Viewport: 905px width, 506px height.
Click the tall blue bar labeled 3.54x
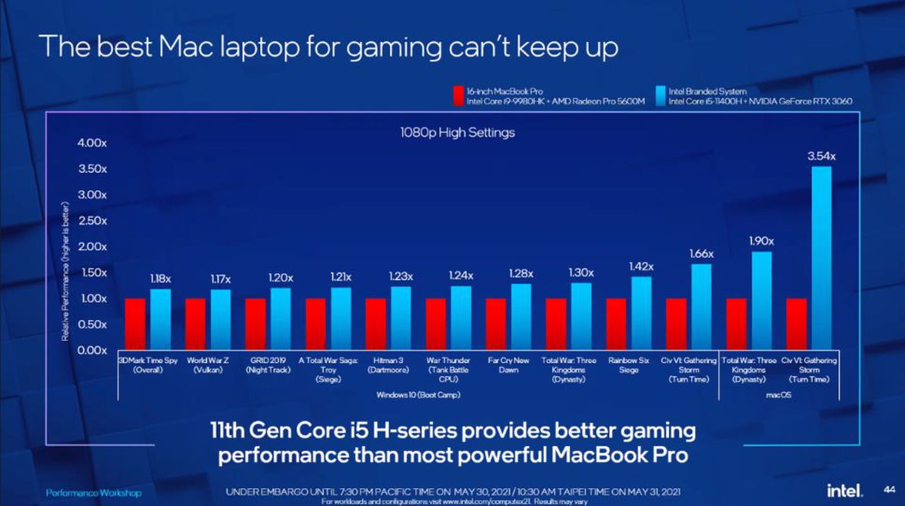pyautogui.click(x=821, y=258)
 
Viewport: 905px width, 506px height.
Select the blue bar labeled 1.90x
pyautogui.click(x=761, y=300)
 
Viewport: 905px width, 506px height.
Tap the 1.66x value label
pyautogui.click(x=701, y=254)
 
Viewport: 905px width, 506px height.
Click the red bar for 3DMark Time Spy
pyautogui.click(x=135, y=324)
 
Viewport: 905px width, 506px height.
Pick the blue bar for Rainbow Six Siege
pyautogui.click(x=641, y=312)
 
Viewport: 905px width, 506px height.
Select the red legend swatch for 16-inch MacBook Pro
pyautogui.click(x=458, y=96)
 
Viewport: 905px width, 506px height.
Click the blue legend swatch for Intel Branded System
pyautogui.click(x=660, y=96)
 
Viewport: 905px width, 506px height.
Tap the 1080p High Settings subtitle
pyautogui.click(x=457, y=132)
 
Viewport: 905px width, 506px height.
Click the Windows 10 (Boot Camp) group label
pyautogui.click(x=418, y=394)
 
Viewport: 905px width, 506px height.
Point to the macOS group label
pyautogui.click(x=778, y=394)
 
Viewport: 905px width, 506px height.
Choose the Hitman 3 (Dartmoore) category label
pyautogui.click(x=388, y=365)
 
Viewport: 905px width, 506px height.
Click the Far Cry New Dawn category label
pyautogui.click(x=508, y=365)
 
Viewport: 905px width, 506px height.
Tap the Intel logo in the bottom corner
pyautogui.click(x=845, y=490)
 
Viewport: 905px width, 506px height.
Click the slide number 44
pyautogui.click(x=889, y=490)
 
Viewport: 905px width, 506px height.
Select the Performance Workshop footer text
pyautogui.click(x=93, y=493)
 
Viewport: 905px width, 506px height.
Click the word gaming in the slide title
pyautogui.click(x=394, y=46)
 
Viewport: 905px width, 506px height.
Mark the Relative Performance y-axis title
pyautogui.click(x=66, y=272)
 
